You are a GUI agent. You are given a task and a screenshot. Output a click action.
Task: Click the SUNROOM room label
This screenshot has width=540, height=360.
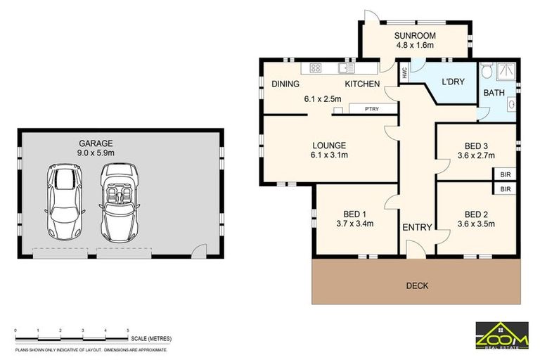[x=414, y=35]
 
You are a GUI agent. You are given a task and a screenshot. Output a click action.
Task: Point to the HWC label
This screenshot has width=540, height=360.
[x=404, y=72]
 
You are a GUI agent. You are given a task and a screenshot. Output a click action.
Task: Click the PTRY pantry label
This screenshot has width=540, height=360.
[x=372, y=109]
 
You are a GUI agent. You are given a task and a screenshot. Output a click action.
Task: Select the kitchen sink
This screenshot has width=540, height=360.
[x=346, y=68]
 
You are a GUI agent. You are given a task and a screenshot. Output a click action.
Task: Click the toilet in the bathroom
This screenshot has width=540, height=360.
[x=487, y=71]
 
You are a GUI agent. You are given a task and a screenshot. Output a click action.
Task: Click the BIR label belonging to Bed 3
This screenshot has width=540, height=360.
[x=505, y=174]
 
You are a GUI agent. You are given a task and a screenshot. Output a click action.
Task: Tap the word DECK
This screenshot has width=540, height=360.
[x=417, y=285]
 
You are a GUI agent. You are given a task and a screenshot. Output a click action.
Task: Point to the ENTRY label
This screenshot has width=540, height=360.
[x=417, y=227]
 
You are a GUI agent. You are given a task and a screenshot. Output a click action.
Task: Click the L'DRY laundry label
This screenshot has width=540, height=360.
[x=453, y=82]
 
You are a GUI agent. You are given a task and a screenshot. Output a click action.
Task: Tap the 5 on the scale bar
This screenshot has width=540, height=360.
[x=127, y=330]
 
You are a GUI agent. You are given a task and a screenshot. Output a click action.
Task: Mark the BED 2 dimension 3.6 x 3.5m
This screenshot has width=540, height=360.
[x=476, y=224]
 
